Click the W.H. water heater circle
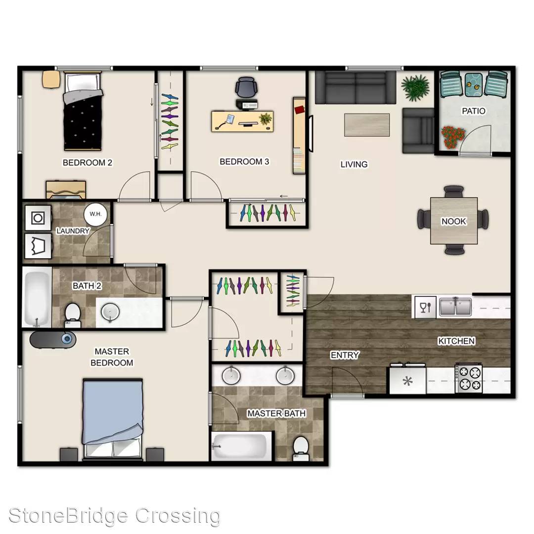tap(95, 214)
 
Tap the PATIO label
tap(473, 111)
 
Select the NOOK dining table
tap(453, 221)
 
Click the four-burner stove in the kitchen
tap(469, 378)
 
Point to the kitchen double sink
tap(455, 306)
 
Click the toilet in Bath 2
tap(73, 315)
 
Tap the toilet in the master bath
tap(301, 448)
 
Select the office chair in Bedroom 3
tap(246, 88)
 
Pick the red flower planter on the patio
tap(453, 137)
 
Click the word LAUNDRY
tap(73, 231)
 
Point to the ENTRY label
tap(345, 355)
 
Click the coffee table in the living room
tap(367, 125)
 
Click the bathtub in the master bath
tap(241, 446)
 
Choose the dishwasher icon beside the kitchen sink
tap(425, 307)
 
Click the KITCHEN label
tap(456, 341)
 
